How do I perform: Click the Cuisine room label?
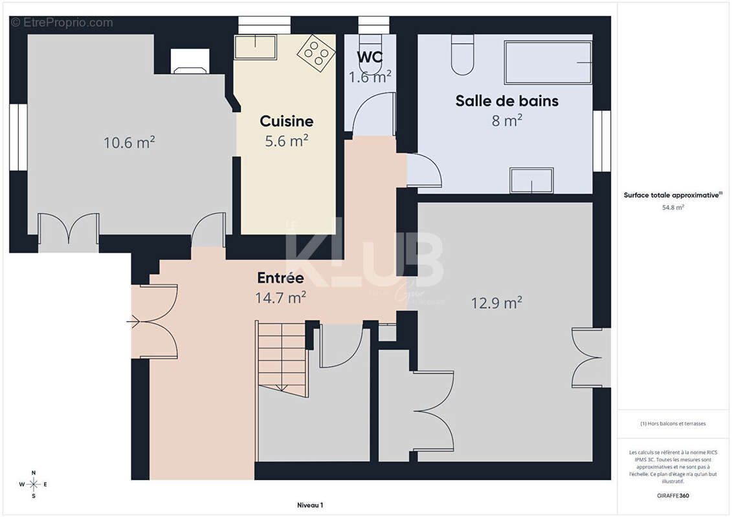[x=286, y=121]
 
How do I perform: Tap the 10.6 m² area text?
[x=129, y=142]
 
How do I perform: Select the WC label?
[x=370, y=57]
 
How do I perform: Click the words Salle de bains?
[x=507, y=101]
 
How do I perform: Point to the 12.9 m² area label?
[x=496, y=302]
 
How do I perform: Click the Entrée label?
[x=280, y=278]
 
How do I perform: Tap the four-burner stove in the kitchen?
[x=316, y=52]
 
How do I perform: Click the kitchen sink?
[x=255, y=47]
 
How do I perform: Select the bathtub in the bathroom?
[x=548, y=63]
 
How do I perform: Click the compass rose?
[x=34, y=483]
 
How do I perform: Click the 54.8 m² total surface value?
[x=673, y=207]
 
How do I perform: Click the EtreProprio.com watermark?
[x=61, y=23]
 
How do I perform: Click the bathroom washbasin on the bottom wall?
[x=531, y=180]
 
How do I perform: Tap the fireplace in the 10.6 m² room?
[x=190, y=62]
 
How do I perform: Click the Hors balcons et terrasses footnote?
[x=673, y=423]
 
